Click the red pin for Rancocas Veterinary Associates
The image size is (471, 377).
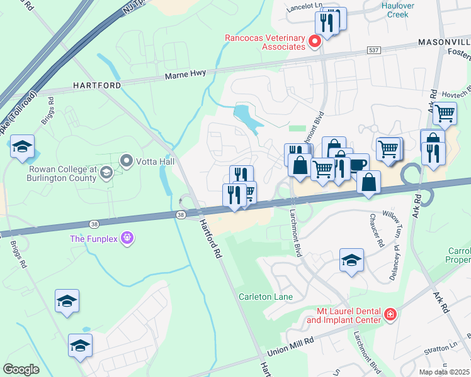click(x=315, y=42)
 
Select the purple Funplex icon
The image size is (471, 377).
click(x=128, y=238)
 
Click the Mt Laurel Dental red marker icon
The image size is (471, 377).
click(x=390, y=314)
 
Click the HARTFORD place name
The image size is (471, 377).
click(x=96, y=84)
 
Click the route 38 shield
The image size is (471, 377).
click(x=181, y=216)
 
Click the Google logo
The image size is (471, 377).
click(x=21, y=369)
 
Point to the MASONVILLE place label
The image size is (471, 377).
click(x=444, y=41)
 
